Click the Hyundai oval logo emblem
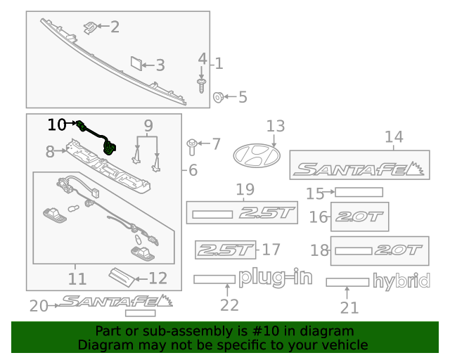point(256,155)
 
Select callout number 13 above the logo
point(275,126)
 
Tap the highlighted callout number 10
point(57,124)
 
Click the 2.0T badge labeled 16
point(359,217)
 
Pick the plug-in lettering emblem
point(274,278)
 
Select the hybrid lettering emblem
point(401,282)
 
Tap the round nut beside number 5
point(219,97)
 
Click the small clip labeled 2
point(89,27)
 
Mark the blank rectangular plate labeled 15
point(359,192)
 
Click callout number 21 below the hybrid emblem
point(349,307)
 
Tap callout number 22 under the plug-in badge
point(229,305)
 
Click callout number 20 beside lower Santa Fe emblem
point(38,305)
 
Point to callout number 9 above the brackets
point(148,127)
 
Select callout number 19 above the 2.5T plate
point(244,188)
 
